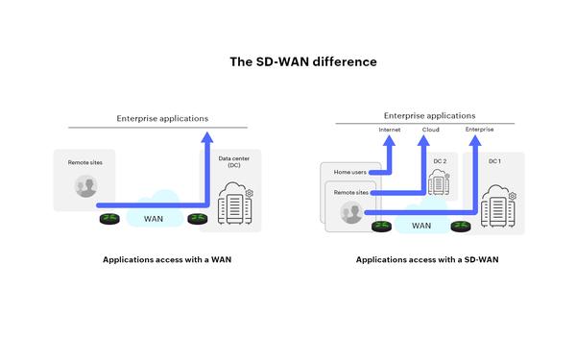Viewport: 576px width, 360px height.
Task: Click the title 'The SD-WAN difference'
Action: [289, 61]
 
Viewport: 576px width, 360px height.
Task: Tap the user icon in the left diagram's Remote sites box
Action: [86, 187]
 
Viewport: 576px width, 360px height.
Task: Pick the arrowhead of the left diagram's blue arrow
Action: [206, 137]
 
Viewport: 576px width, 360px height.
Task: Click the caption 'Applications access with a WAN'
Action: [167, 259]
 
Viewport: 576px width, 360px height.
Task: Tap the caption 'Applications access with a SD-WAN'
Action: [427, 259]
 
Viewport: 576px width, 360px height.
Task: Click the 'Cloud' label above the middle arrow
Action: [431, 128]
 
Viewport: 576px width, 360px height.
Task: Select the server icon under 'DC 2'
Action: [438, 184]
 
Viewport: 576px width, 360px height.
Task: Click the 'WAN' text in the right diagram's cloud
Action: [420, 227]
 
